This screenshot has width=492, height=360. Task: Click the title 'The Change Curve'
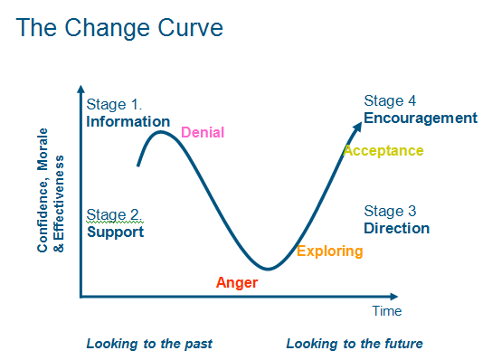coord(120,29)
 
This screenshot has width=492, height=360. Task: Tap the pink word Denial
coord(203,133)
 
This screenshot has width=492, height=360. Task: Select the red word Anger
coord(237,283)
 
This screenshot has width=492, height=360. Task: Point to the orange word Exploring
coord(329,251)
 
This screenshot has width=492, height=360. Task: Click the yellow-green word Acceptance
coord(383,151)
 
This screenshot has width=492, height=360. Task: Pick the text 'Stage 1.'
coord(114,104)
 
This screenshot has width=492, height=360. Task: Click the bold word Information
coord(128,121)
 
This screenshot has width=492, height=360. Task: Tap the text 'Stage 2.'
coord(114,214)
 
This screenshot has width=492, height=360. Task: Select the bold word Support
coord(116,232)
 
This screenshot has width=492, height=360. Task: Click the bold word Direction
coord(396,228)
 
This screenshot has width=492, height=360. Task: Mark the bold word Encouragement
coord(420,118)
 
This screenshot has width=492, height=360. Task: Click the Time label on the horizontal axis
coord(387,310)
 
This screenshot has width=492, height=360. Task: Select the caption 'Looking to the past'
coord(149,344)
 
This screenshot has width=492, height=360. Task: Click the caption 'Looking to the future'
coord(355,344)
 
